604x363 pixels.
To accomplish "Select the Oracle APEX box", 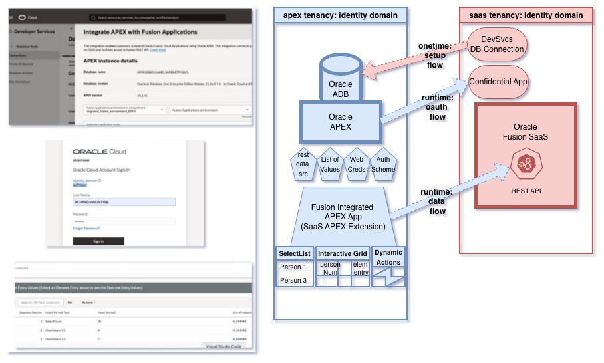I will pos(341,122).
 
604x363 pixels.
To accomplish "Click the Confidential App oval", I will pos(498,82).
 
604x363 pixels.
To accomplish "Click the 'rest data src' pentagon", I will pos(303,164).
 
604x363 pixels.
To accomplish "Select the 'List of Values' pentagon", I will pos(330,164).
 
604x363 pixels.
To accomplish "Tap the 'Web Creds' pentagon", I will pos(357,164).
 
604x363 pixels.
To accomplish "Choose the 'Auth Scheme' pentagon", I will pos(384,164).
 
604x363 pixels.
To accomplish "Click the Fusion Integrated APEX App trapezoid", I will pos(342,217).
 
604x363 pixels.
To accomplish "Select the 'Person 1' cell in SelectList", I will pos(293,267).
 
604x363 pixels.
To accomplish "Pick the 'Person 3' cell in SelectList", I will pos(293,280).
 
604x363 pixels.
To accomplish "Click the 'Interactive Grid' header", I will pos(343,254).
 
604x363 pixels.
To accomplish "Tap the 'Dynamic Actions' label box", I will pos(388,257).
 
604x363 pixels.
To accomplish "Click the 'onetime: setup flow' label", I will pos(436,56).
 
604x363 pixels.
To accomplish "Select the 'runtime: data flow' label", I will pos(436,201).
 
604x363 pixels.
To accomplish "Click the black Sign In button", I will pos(98,241).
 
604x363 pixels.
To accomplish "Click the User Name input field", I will pos(124,202).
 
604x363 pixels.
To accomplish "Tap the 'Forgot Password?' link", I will pos(86,228).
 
